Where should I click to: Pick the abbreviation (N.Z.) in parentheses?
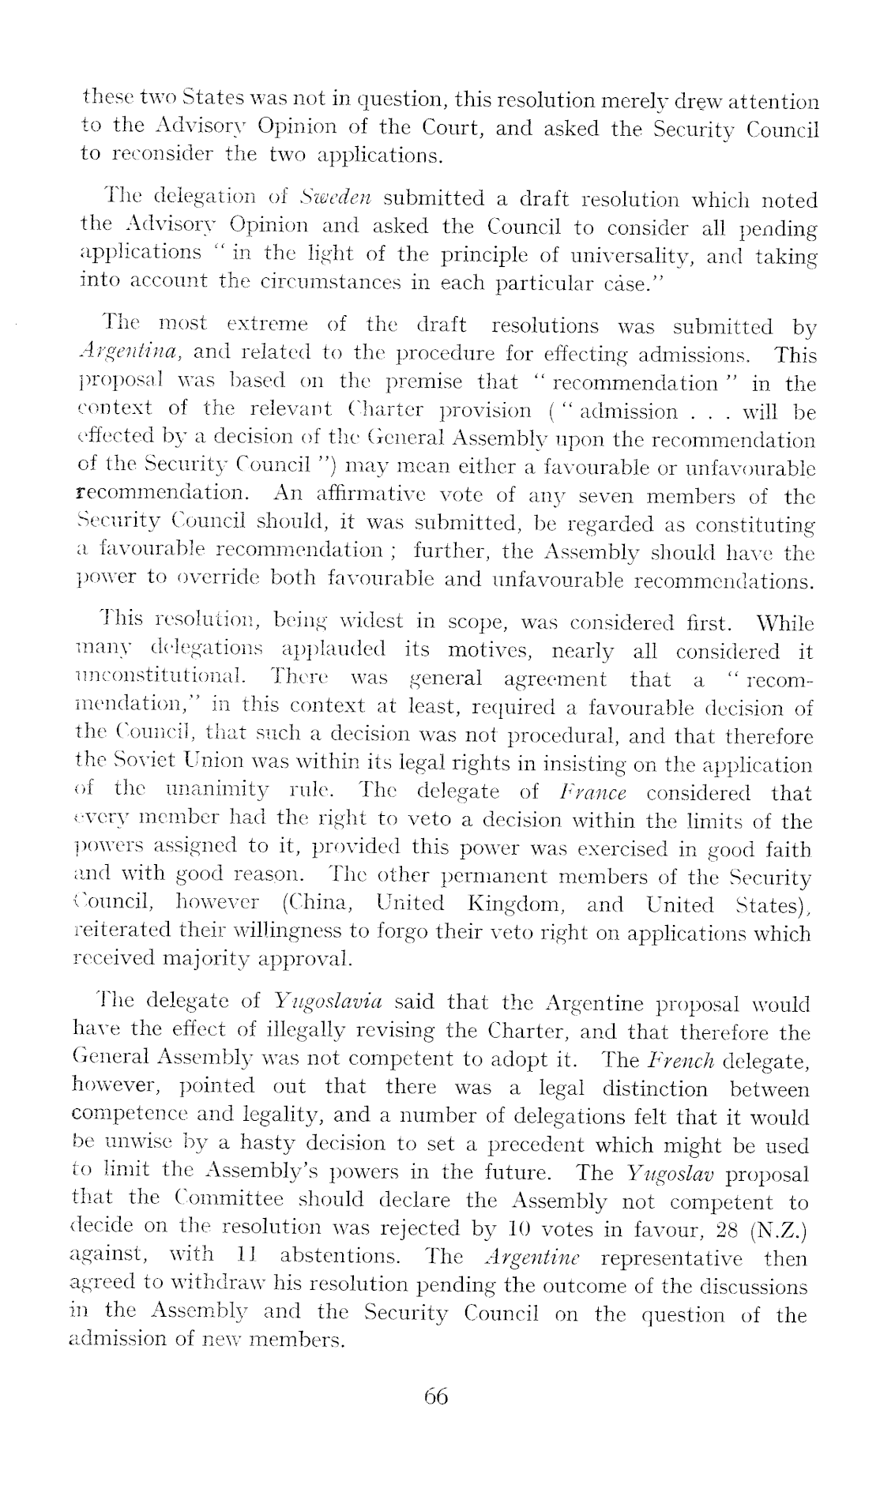tap(780, 1229)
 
